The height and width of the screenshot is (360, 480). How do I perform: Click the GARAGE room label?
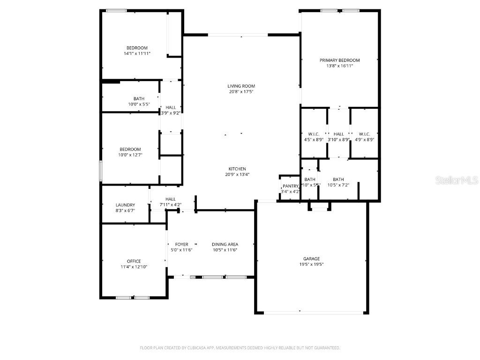[311, 259]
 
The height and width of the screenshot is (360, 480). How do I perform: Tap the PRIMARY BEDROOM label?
[339, 60]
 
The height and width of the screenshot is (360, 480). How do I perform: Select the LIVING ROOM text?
[241, 86]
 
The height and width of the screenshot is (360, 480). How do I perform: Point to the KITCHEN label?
[237, 169]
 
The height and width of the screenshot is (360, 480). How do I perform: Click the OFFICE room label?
[134, 261]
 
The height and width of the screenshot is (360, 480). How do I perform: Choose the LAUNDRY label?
[125, 205]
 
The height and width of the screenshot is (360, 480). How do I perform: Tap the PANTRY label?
[291, 186]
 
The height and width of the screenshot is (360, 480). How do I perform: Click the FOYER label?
[181, 244]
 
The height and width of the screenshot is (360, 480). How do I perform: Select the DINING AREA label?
[225, 244]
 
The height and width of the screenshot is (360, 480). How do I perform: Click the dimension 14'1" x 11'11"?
[137, 54]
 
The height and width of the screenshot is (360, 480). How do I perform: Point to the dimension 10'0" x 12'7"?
[130, 155]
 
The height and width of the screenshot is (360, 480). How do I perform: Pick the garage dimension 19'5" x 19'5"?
[311, 264]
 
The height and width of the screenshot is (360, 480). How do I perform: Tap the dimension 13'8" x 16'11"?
[339, 66]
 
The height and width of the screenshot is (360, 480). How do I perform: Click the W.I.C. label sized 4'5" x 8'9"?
[314, 134]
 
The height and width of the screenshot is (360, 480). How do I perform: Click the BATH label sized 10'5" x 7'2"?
[338, 179]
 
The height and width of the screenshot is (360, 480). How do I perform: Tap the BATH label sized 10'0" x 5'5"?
[139, 98]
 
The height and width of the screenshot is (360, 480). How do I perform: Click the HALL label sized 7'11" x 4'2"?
[170, 199]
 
